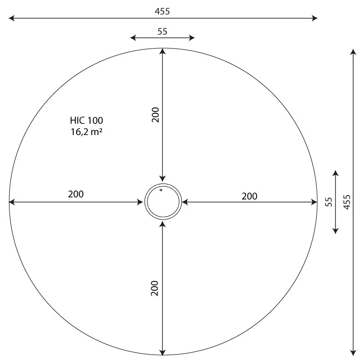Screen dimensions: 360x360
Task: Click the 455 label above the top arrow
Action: point(163,11)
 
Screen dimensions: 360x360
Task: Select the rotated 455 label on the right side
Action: point(346,202)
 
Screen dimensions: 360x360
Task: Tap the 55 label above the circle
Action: point(163,31)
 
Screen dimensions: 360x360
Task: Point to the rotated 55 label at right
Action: point(328,202)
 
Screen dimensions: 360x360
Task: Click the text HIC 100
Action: point(86,121)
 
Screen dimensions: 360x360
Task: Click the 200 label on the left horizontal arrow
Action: point(76,194)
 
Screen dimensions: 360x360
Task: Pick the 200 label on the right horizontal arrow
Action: point(250,196)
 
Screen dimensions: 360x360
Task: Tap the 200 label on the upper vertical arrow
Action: point(155,115)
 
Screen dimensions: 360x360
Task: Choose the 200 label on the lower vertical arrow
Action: point(155,288)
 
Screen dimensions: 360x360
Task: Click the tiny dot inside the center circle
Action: point(161,190)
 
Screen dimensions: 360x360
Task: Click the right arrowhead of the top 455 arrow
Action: point(315,18)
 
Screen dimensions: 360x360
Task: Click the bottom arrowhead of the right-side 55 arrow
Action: point(335,230)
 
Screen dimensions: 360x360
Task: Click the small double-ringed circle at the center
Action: point(163,202)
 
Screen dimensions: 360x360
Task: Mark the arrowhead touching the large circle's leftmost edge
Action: point(12,202)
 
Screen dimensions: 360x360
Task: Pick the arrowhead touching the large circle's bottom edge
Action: point(163,352)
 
